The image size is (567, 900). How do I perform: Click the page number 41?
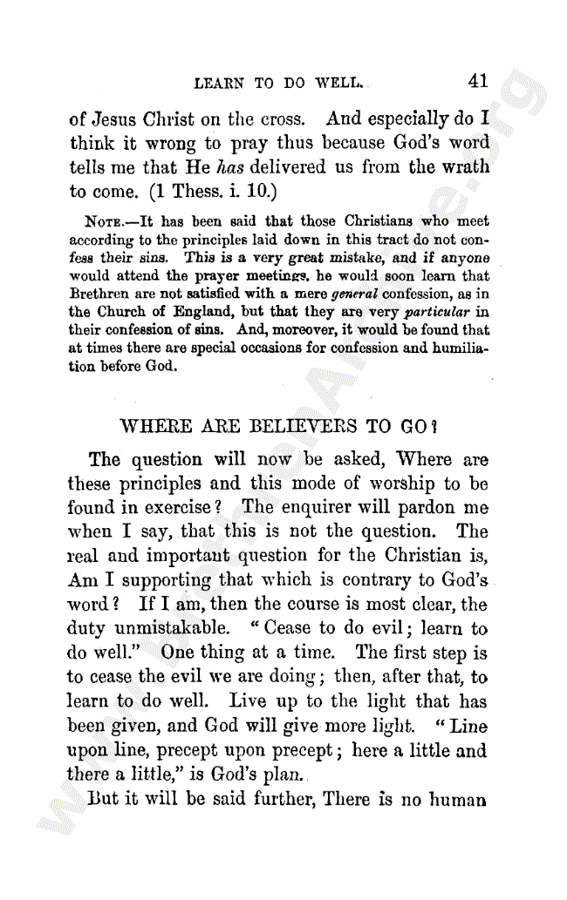477,81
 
